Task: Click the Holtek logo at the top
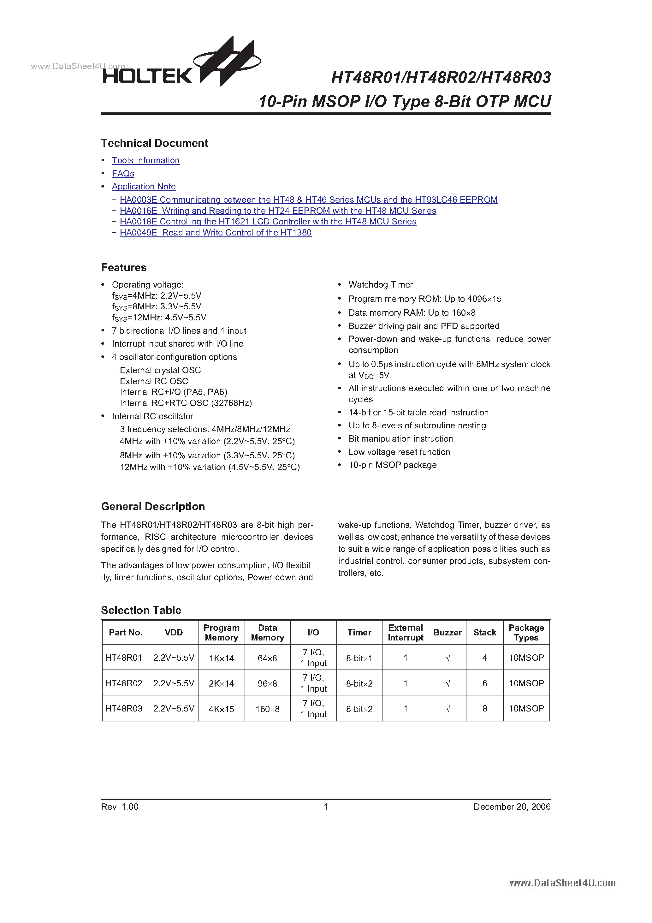coord(181,64)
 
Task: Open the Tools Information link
coord(145,160)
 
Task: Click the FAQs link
coord(123,174)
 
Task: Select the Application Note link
coord(144,187)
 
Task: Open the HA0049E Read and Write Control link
coord(216,233)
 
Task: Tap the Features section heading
coord(124,268)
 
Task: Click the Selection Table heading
coord(141,610)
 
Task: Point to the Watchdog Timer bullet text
coord(380,285)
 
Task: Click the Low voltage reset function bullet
coord(399,452)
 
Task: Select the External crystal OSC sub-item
coord(160,370)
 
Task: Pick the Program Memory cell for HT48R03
coord(221,709)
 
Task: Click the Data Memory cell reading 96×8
coord(267,683)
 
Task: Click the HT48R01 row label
coord(124,658)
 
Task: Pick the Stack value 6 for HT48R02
coord(484,683)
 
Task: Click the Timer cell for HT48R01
coord(359,658)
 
